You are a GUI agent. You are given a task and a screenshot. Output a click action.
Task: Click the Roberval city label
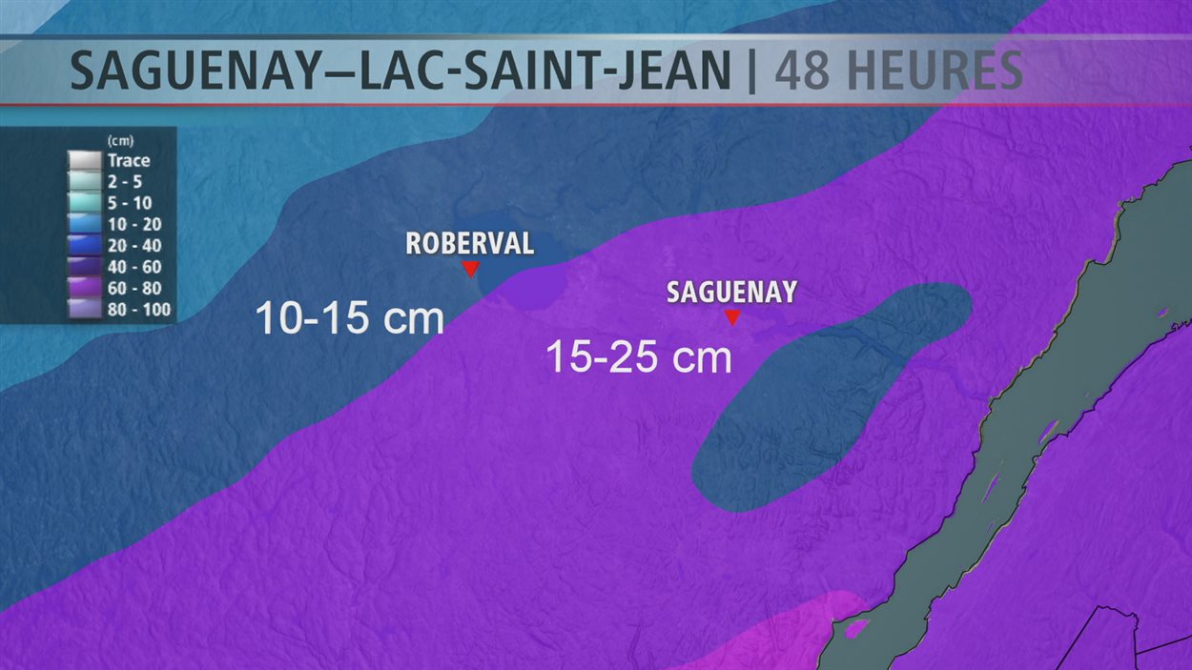click(469, 243)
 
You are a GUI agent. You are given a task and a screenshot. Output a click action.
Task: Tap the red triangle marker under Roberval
click(469, 270)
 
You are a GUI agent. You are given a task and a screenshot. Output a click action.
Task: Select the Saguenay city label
click(731, 293)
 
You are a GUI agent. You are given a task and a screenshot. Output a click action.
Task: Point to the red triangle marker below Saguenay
click(732, 318)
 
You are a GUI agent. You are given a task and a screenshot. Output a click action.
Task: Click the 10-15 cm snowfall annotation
click(350, 319)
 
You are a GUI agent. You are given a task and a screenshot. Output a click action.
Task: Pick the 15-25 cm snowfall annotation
click(639, 357)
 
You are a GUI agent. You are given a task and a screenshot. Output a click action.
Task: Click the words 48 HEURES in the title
click(898, 71)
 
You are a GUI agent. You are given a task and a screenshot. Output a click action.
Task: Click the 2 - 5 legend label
click(125, 182)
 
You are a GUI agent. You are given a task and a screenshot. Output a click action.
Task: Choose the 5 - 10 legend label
click(128, 202)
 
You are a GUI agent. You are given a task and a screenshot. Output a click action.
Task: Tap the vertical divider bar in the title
click(751, 71)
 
